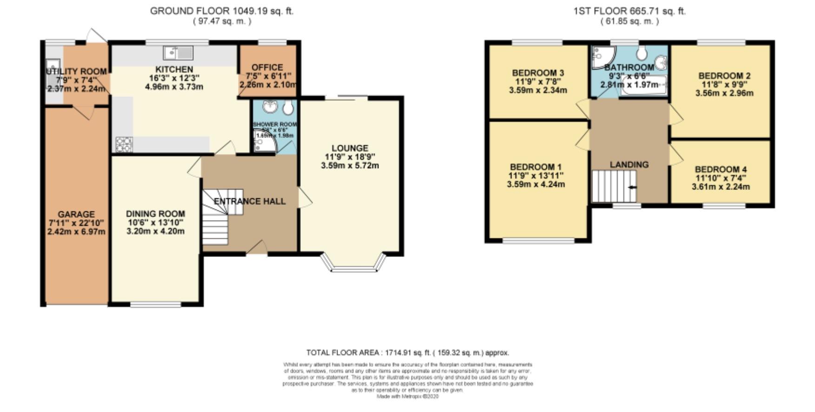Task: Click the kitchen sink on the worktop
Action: click(178, 52)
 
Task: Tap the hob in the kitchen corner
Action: click(124, 144)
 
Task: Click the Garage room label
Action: click(76, 214)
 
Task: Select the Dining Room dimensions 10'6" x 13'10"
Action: click(156, 222)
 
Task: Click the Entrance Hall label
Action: click(250, 201)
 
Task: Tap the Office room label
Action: click(267, 67)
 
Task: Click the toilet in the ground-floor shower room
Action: click(288, 108)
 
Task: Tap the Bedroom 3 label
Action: click(538, 73)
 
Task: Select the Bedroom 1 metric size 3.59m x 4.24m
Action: click(536, 184)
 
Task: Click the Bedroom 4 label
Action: click(721, 170)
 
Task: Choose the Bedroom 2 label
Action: click(724, 76)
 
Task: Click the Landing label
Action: click(629, 164)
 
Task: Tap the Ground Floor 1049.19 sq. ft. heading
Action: click(221, 11)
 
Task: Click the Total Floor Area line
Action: click(407, 353)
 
